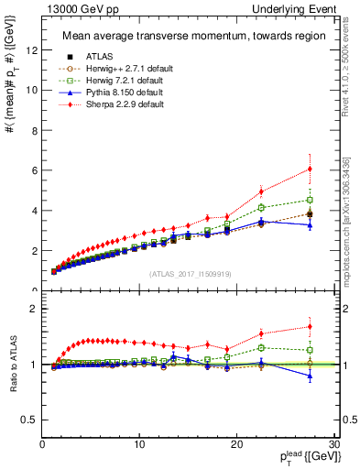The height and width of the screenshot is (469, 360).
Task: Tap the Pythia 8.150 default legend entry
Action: point(110,92)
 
